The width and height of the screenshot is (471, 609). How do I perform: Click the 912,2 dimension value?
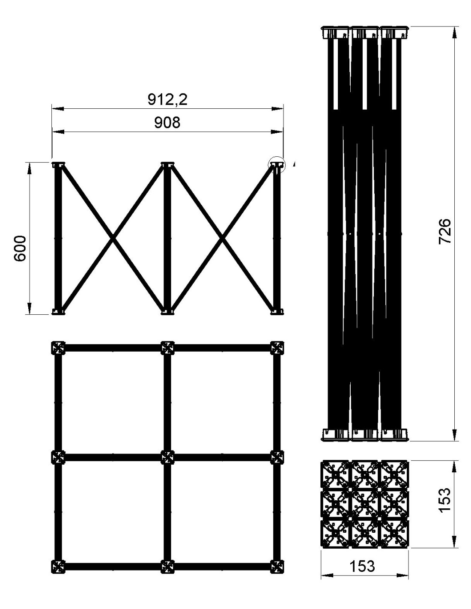(167, 99)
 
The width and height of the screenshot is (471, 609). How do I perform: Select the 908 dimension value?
(167, 123)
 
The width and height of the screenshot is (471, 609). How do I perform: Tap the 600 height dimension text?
(20, 248)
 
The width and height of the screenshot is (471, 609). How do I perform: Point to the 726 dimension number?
(444, 231)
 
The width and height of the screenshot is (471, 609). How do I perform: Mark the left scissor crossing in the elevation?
(113, 239)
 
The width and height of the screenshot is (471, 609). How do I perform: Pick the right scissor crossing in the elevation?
(222, 239)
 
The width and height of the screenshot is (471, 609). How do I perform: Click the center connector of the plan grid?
(167, 457)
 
